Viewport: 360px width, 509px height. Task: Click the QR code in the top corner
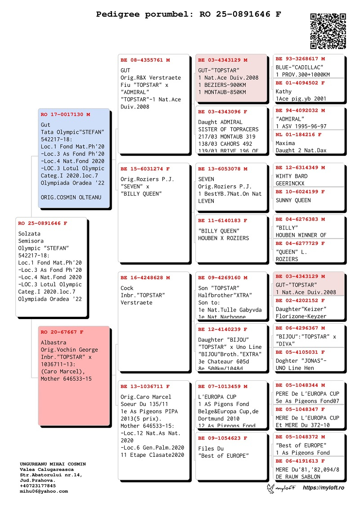[328, 31]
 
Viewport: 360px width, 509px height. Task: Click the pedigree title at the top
[189, 14]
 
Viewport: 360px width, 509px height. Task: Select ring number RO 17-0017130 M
[65, 115]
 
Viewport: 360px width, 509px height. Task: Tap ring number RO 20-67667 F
[62, 332]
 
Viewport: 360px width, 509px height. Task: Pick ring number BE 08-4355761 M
[145, 60]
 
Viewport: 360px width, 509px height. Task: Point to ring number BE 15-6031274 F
[145, 169]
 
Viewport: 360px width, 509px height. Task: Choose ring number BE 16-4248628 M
[145, 278]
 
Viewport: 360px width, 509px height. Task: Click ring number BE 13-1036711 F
[145, 387]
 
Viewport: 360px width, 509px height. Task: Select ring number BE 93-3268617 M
[300, 59]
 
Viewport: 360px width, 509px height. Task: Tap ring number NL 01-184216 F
[298, 135]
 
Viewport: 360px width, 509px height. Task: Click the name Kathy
[283, 92]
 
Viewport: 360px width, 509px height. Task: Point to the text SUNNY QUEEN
[293, 200]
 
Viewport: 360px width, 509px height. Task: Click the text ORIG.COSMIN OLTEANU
[71, 197]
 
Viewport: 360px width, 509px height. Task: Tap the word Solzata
[29, 234]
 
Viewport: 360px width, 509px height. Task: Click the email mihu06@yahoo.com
[44, 491]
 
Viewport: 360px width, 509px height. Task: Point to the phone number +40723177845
[38, 486]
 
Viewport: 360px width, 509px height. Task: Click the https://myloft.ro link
[324, 488]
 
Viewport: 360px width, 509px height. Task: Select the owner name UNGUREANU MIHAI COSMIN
[53, 464]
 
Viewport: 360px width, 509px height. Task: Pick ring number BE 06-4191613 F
[300, 461]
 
